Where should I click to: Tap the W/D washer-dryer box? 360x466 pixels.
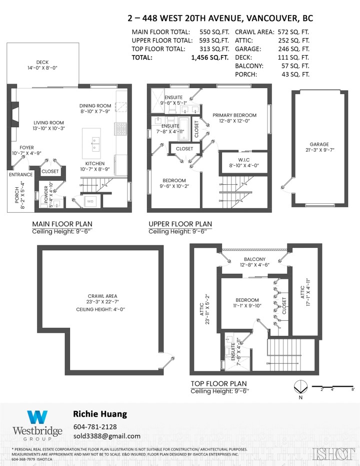pos(90,201)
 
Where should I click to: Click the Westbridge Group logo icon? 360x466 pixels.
pos(37,417)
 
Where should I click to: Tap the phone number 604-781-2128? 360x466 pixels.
pos(95,426)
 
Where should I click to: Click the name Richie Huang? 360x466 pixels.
pos(99,414)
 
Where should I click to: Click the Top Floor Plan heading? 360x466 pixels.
pos(218,383)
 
